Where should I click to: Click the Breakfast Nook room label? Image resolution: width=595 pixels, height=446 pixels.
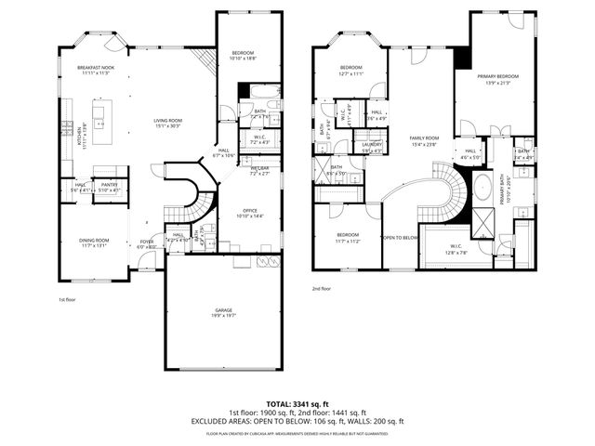click(95, 70)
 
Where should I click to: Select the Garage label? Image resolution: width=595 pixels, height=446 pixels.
click(221, 313)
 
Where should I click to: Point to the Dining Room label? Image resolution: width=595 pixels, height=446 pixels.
click(94, 243)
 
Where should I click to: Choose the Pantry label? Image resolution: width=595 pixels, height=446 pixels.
click(110, 186)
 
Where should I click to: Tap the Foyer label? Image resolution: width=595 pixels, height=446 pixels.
click(147, 243)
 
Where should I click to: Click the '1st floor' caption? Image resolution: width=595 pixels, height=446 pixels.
click(67, 300)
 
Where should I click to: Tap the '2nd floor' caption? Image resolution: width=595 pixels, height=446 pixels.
click(322, 289)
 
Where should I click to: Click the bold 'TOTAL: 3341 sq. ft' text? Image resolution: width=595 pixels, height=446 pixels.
click(297, 402)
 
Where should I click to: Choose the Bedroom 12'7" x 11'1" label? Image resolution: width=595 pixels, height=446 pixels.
click(350, 71)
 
